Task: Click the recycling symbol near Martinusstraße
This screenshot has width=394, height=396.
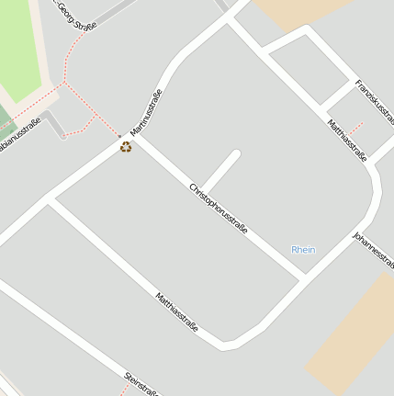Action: (x=126, y=146)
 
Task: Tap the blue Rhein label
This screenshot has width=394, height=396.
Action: (x=303, y=250)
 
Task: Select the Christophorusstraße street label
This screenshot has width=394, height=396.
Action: (x=219, y=209)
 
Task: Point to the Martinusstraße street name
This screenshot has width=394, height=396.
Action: (x=146, y=112)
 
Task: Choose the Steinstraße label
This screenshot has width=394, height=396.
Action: (x=142, y=383)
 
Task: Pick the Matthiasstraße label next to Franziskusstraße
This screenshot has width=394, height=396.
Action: (x=346, y=139)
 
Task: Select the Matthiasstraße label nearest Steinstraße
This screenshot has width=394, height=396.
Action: (x=177, y=315)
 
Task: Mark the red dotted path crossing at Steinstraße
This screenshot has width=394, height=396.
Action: (x=122, y=389)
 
